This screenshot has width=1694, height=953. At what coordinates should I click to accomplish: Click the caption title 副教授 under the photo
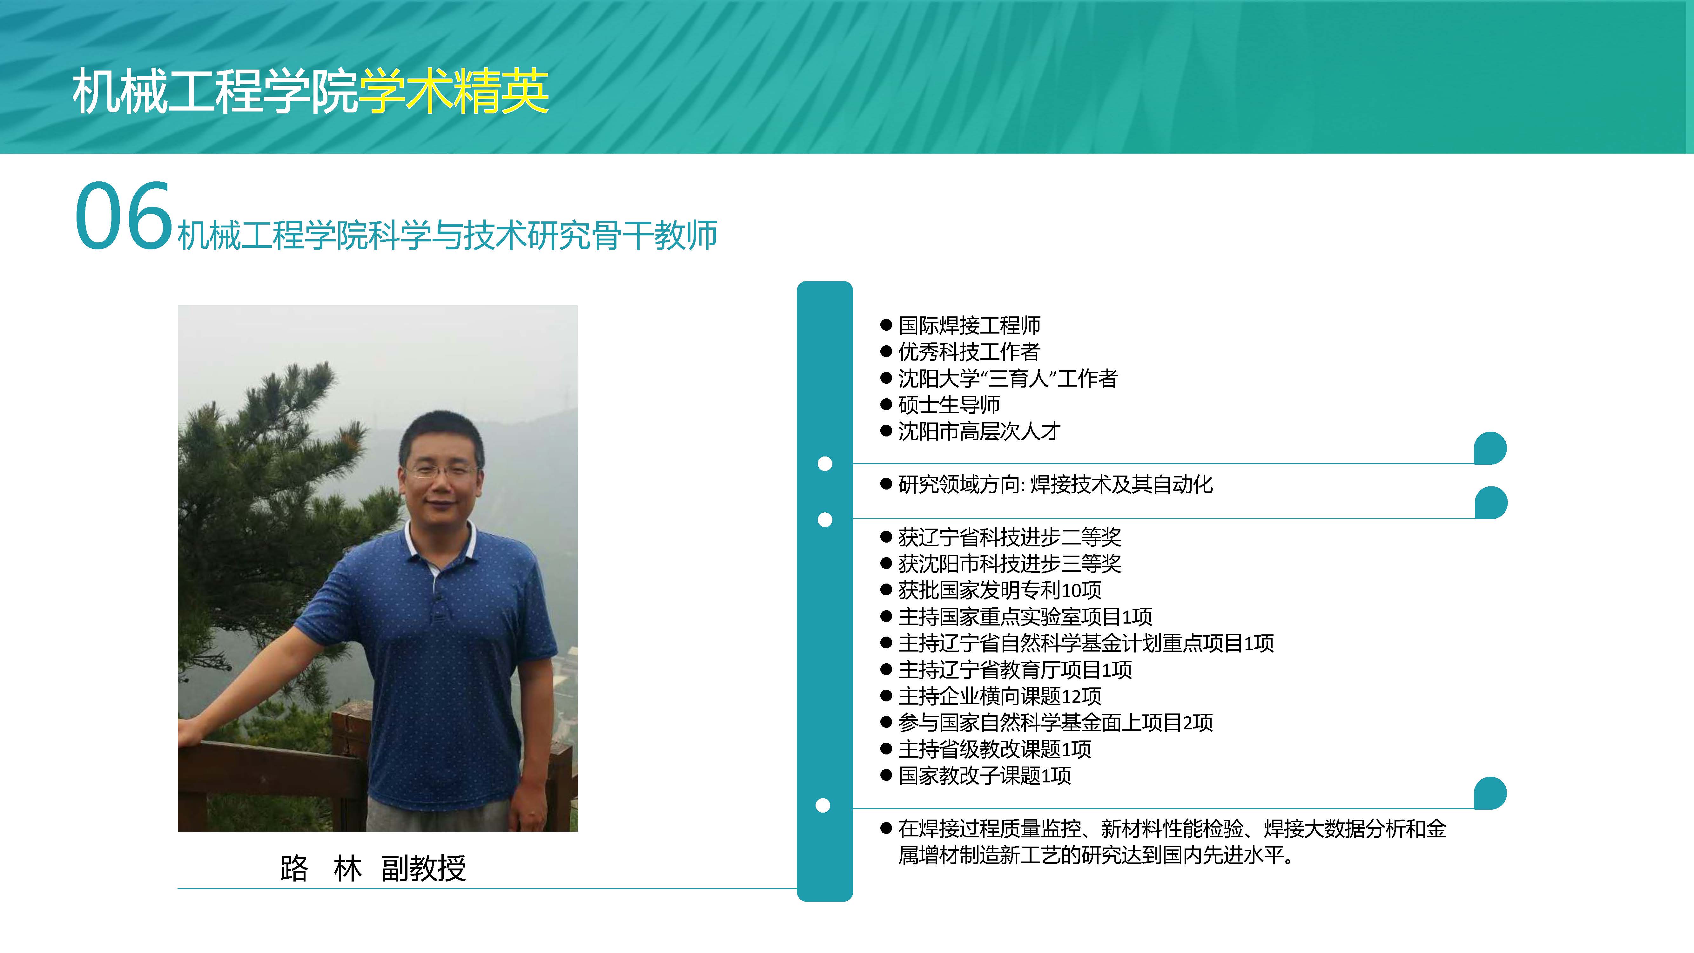[424, 868]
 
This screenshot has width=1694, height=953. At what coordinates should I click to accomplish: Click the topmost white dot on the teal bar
[825, 464]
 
